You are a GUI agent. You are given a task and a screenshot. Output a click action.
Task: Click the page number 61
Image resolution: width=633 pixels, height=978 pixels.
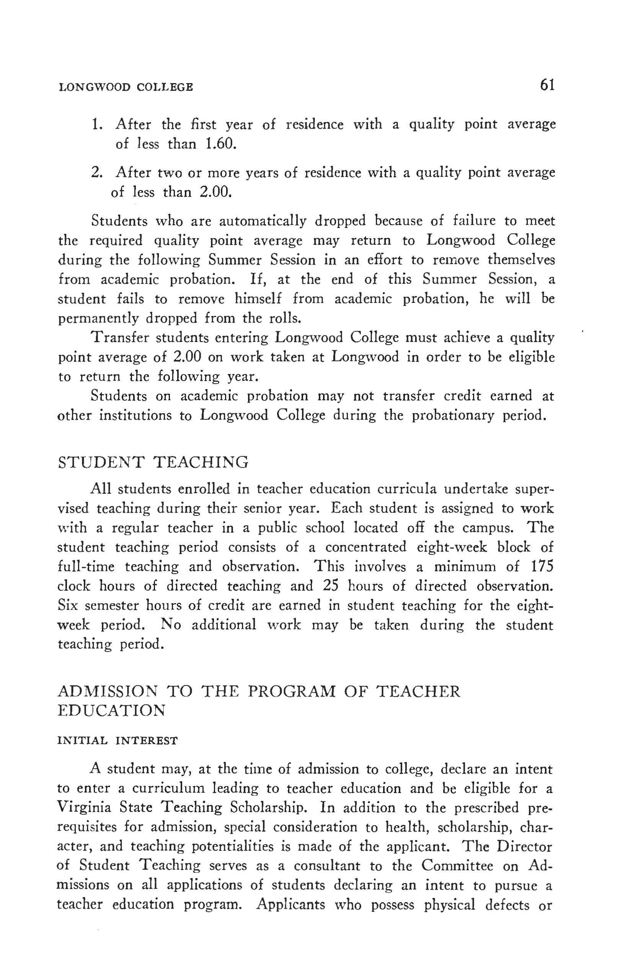[547, 85]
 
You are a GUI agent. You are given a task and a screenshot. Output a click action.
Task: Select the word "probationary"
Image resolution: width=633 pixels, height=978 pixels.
[452, 415]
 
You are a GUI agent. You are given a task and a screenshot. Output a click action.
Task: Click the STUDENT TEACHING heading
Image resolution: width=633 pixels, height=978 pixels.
[153, 462]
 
